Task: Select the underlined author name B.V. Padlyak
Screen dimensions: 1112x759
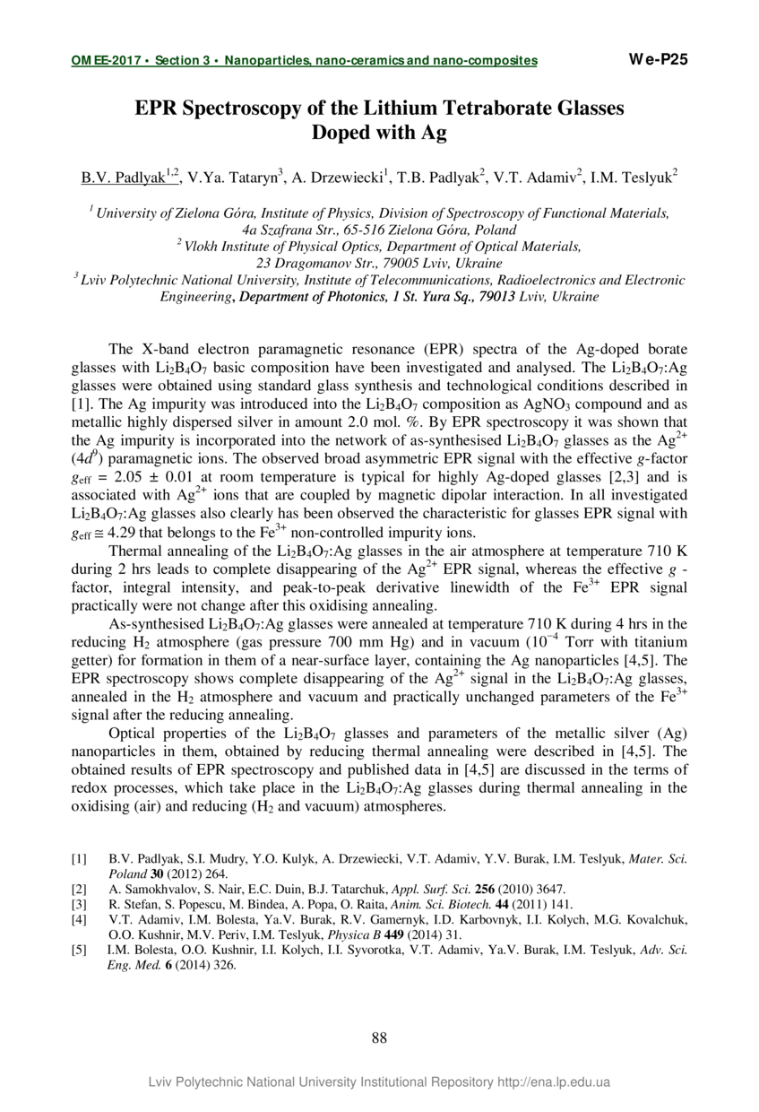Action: [x=123, y=178]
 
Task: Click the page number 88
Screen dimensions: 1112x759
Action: [x=379, y=1038]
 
